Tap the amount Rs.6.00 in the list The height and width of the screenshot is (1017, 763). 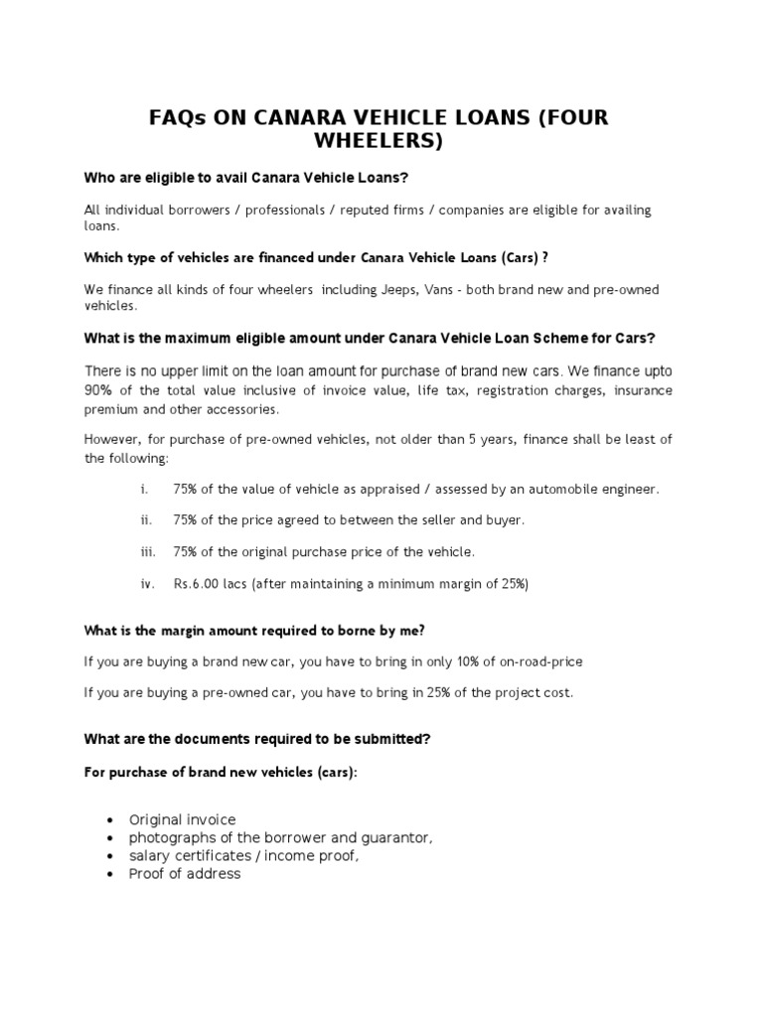click(x=197, y=584)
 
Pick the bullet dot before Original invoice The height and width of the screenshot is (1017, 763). click(x=107, y=820)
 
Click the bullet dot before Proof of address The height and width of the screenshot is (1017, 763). click(x=107, y=874)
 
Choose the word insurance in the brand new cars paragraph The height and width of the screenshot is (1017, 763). click(x=643, y=390)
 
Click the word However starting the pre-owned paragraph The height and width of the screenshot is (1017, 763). click(x=113, y=440)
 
